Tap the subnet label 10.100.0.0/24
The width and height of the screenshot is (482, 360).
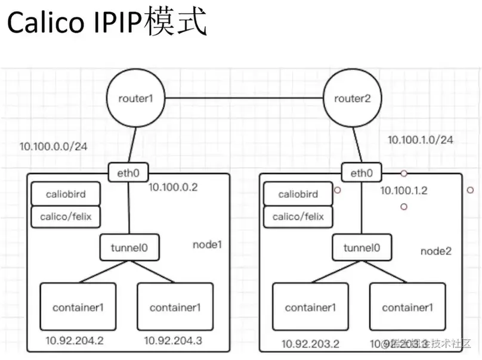[x=54, y=146]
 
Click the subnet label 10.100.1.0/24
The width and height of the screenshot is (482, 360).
[x=420, y=140]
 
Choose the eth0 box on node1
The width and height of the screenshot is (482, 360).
[x=128, y=173]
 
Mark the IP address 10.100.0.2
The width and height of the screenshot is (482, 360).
[x=173, y=187]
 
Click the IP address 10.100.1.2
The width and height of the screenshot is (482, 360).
[x=404, y=191]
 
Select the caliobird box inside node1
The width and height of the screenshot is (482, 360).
[x=66, y=194]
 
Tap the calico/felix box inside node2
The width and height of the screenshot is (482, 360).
[x=298, y=216]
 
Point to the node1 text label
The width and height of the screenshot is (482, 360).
[x=207, y=244]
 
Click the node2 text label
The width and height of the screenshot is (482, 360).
[x=435, y=251]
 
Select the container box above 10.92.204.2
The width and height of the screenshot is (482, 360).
[x=78, y=307]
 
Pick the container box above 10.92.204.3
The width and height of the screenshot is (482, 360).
[x=175, y=307]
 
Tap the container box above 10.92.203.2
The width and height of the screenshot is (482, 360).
[x=310, y=307]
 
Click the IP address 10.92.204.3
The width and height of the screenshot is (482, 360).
[x=173, y=341]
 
